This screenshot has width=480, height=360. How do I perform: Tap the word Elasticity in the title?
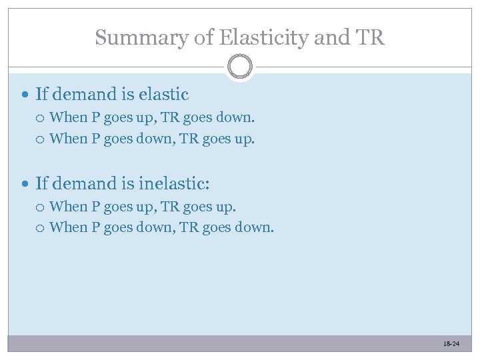click(253, 37)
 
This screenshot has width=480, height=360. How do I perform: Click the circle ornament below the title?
click(240, 67)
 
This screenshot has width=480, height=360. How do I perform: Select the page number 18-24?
click(451, 343)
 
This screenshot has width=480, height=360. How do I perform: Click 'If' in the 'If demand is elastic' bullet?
click(41, 95)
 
